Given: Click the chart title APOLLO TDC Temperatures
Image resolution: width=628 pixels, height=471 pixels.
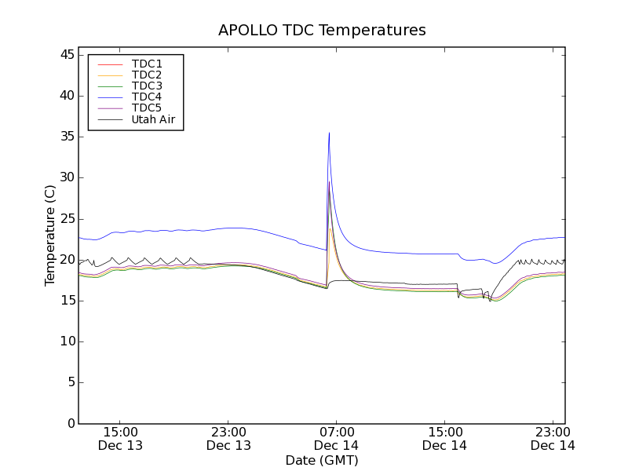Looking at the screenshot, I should [x=322, y=31].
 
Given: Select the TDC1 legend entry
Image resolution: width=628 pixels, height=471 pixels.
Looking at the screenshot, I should [x=147, y=64].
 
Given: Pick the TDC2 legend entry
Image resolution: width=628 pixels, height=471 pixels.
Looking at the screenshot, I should [x=147, y=75].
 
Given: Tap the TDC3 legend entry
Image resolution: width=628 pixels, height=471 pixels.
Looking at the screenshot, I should [x=147, y=86].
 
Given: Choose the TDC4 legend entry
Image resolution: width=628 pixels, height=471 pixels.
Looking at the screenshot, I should [x=147, y=97].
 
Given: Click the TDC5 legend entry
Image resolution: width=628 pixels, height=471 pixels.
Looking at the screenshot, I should [x=147, y=108].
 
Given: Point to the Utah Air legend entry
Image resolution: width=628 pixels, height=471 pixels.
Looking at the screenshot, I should [x=153, y=119].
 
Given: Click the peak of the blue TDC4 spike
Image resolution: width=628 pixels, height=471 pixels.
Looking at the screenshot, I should [x=329, y=133].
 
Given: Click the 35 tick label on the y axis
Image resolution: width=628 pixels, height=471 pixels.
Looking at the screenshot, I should [x=66, y=137].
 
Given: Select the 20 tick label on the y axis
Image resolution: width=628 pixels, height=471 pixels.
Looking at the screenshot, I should [x=66, y=260].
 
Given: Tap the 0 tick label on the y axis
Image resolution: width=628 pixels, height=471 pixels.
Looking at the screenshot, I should [x=70, y=424].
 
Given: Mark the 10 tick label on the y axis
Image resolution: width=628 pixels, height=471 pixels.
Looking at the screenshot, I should [x=66, y=341].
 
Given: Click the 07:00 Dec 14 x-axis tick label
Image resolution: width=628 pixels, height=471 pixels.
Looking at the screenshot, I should [x=336, y=438].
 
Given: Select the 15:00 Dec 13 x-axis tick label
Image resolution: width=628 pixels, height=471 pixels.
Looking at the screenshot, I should [x=120, y=438].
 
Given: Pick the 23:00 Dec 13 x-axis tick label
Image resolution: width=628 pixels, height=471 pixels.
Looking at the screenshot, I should [x=228, y=438].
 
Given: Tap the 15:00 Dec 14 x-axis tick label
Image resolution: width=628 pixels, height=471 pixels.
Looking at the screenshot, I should [x=444, y=438].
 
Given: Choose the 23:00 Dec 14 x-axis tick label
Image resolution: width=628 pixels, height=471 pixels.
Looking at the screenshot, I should [x=552, y=438].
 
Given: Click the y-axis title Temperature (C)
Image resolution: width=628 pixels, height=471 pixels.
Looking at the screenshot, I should [x=50, y=235].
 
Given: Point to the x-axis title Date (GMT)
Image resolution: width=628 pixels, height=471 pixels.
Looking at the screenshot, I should [x=322, y=460].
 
